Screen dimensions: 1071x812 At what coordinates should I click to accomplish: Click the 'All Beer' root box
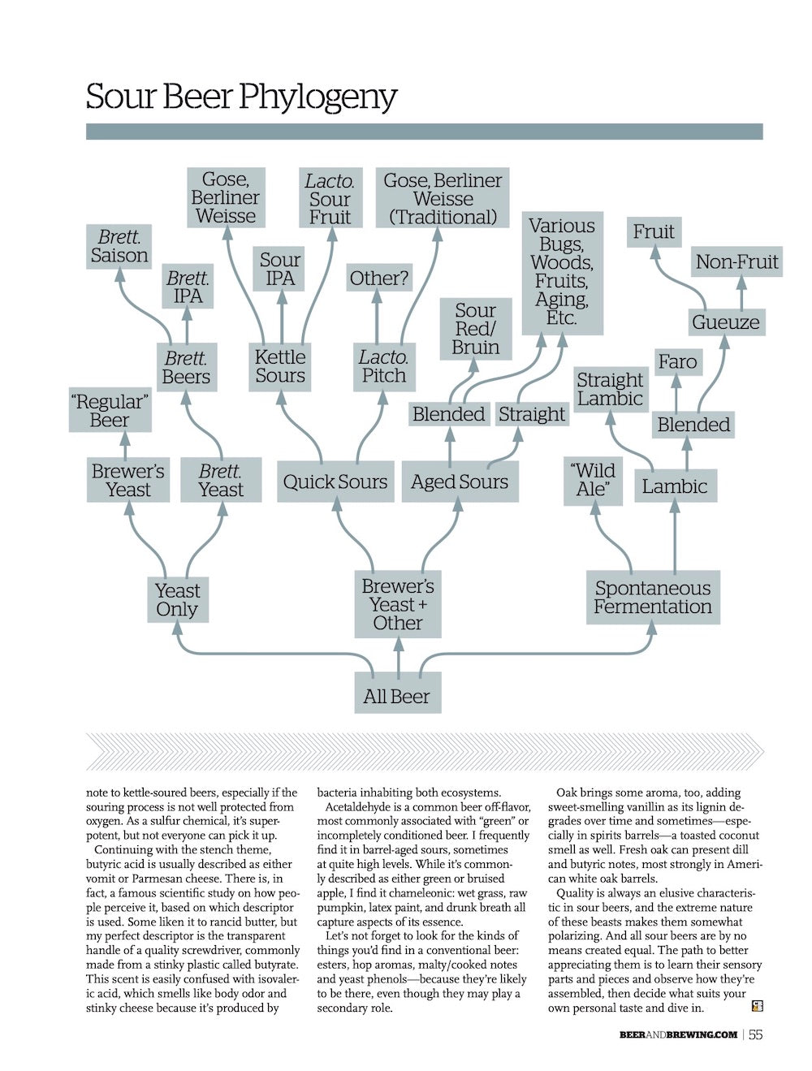click(x=397, y=696)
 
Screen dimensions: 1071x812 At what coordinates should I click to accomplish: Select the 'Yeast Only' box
click(x=177, y=599)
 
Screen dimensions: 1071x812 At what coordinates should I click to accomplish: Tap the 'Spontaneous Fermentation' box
click(x=652, y=598)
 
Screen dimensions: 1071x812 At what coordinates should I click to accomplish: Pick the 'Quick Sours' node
click(x=335, y=482)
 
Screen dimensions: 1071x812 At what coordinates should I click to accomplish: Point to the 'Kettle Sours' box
click(x=280, y=366)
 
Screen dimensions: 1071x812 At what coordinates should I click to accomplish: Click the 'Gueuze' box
click(x=725, y=322)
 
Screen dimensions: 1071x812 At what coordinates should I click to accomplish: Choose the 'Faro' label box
click(x=677, y=361)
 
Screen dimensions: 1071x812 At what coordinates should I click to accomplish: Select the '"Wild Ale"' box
click(x=593, y=480)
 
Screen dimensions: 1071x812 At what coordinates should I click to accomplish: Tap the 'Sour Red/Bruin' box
click(x=475, y=329)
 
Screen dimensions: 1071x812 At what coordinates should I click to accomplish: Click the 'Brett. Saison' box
click(x=119, y=246)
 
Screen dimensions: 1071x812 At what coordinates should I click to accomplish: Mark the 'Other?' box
click(x=378, y=279)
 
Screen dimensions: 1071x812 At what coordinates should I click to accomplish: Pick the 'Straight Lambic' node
click(x=610, y=389)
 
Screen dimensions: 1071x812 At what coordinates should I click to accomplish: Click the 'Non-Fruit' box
click(x=736, y=261)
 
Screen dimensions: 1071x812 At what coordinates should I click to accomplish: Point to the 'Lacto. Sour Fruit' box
click(x=329, y=198)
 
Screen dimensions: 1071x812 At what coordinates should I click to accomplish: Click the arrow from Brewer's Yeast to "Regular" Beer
click(x=125, y=443)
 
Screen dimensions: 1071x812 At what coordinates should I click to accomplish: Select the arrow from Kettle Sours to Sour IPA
click(x=282, y=317)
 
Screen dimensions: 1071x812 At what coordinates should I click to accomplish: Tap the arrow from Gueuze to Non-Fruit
click(x=741, y=292)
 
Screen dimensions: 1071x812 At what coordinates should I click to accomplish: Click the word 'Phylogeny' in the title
click(x=318, y=97)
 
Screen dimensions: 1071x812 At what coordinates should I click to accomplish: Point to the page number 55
click(x=755, y=1034)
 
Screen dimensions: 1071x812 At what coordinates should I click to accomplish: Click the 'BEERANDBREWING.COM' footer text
click(x=678, y=1034)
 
